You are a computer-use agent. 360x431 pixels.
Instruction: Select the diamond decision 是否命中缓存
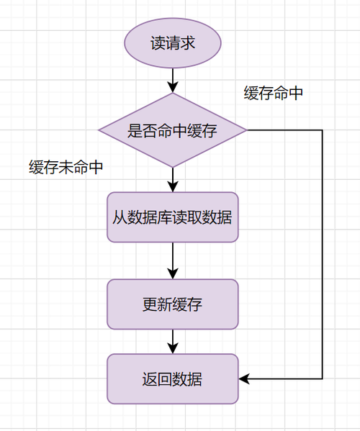coord(173,131)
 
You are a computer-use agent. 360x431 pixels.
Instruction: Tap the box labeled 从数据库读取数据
coord(173,217)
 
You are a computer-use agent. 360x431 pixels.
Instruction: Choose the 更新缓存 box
coord(173,304)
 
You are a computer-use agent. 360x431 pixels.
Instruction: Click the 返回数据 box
coord(173,378)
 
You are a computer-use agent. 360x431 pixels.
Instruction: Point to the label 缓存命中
coord(273,94)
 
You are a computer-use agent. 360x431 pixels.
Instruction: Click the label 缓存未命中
coord(66,168)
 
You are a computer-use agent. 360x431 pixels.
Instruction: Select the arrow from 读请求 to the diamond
coord(173,78)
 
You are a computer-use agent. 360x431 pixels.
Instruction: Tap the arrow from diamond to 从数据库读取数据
coord(173,178)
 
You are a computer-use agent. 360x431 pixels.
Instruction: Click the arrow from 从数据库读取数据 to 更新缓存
coord(173,260)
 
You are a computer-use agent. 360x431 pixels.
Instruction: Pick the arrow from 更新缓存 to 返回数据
coord(173,340)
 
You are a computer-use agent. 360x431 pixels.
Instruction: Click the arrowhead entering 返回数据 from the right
coord(243,378)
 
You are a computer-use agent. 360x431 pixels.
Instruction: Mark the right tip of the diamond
coord(247,130)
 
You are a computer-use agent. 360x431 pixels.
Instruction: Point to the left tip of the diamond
coord(99,130)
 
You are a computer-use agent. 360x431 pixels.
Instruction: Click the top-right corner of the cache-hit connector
coord(322,130)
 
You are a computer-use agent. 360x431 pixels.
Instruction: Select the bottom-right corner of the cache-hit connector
coord(322,378)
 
